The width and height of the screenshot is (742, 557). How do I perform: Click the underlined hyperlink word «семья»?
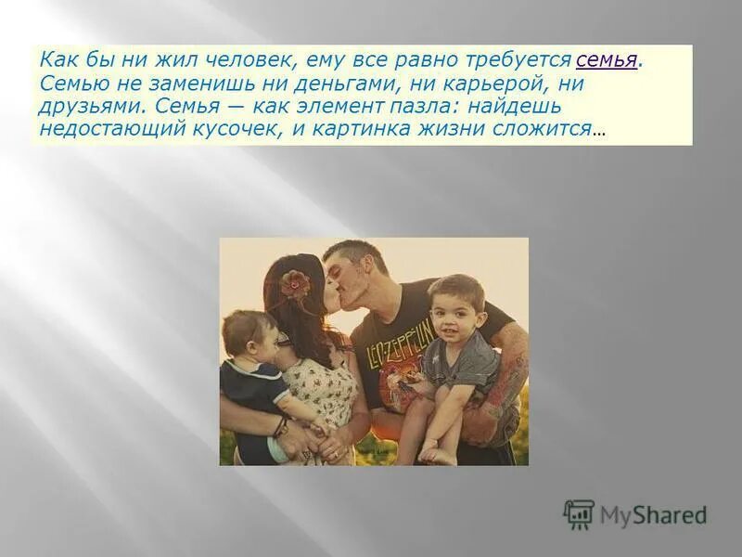[x=606, y=60]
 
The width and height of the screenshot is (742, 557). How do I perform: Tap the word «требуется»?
[x=521, y=60]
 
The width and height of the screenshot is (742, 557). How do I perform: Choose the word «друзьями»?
[x=91, y=106]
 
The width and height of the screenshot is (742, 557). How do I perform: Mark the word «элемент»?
[x=334, y=106]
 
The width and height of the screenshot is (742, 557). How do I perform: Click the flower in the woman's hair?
[x=295, y=280]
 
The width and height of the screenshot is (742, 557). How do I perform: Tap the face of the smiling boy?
[x=455, y=310]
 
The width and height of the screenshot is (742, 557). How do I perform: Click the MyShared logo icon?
[x=579, y=513]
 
